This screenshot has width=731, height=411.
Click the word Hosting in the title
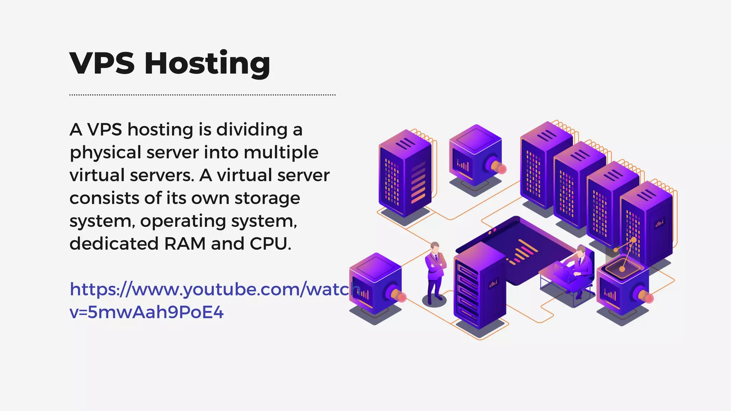[207, 63]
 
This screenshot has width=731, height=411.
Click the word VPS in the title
[102, 63]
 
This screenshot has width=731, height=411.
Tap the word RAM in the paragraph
[185, 244]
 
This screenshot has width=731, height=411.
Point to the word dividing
[252, 130]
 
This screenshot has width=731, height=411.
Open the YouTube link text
[214, 289]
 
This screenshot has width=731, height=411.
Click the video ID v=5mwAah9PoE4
[146, 312]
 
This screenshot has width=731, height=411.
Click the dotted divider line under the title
[202, 95]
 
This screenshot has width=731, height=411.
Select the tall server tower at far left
[405, 175]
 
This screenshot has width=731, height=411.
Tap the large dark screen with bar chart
[518, 250]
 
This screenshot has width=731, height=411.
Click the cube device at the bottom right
[623, 289]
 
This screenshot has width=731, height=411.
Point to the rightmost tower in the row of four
[646, 225]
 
